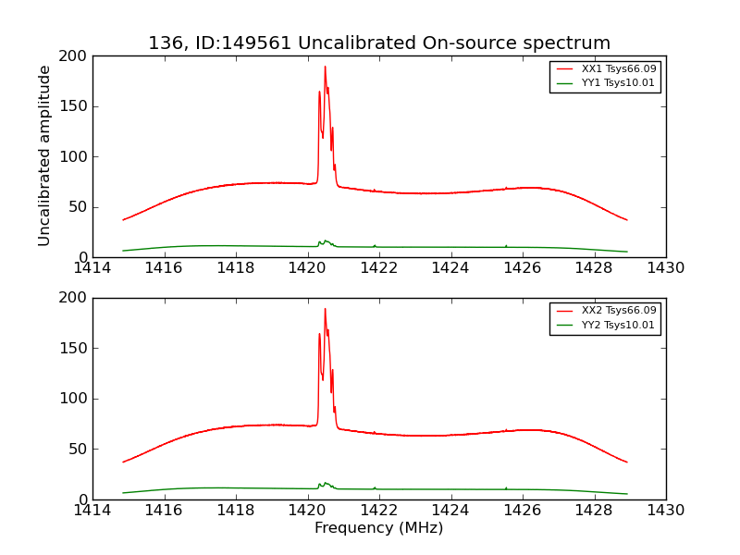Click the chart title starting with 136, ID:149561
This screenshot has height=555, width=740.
point(379,43)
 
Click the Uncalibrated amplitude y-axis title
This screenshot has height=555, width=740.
point(44,155)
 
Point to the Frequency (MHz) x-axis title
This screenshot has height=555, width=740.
point(379,528)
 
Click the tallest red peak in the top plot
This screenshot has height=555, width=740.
point(325,67)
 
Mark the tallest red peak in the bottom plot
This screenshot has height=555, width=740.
point(325,309)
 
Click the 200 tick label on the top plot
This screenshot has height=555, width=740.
point(74,56)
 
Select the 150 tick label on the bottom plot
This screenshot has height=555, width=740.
point(74,349)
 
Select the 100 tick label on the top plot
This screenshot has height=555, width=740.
point(74,157)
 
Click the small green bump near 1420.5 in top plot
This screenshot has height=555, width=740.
point(326,241)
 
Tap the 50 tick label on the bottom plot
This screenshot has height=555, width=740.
point(78,450)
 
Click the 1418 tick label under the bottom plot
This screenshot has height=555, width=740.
point(236,511)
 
